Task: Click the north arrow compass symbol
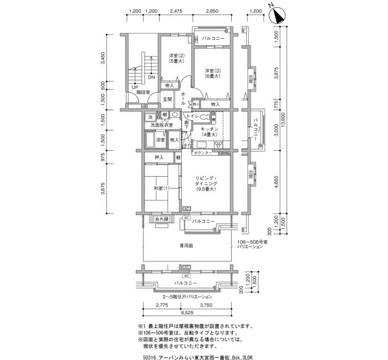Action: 277,12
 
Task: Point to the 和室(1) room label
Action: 162,188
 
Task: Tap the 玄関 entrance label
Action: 167,99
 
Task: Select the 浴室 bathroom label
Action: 160,140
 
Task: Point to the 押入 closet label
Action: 159,158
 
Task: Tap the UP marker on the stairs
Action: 134,86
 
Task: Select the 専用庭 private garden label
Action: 185,245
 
